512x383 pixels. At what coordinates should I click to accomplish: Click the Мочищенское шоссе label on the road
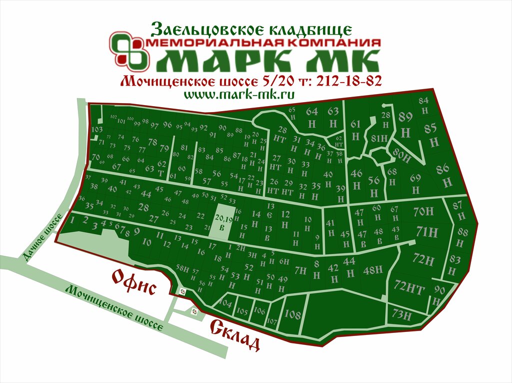(116, 308)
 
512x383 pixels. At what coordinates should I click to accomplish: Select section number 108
(292, 314)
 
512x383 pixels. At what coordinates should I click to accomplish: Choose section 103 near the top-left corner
(97, 129)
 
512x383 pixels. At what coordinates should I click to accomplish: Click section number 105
(242, 311)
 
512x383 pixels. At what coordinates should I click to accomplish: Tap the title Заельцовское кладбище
(251, 29)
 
